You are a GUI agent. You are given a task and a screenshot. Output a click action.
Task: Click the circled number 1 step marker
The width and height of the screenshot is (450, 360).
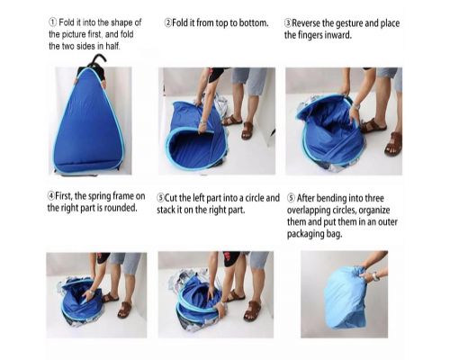click(52, 22)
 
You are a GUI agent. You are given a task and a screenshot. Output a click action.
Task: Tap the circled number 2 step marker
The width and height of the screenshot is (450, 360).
click(167, 22)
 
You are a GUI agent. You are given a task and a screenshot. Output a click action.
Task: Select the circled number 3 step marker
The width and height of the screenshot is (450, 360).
click(288, 23)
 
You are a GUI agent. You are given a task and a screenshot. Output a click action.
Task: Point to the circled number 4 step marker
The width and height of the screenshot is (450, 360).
click(51, 196)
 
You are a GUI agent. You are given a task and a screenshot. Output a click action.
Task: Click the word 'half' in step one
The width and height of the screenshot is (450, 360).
click(112, 46)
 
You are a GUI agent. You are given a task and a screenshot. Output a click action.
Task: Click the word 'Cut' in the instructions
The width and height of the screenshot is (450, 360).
click(171, 198)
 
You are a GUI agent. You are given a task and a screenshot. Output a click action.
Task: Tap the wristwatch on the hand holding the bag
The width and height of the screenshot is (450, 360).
click(375, 276)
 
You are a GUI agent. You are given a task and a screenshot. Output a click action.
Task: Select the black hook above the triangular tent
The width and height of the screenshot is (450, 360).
click(97, 59)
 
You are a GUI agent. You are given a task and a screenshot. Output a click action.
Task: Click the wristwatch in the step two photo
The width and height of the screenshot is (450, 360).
click(203, 123)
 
